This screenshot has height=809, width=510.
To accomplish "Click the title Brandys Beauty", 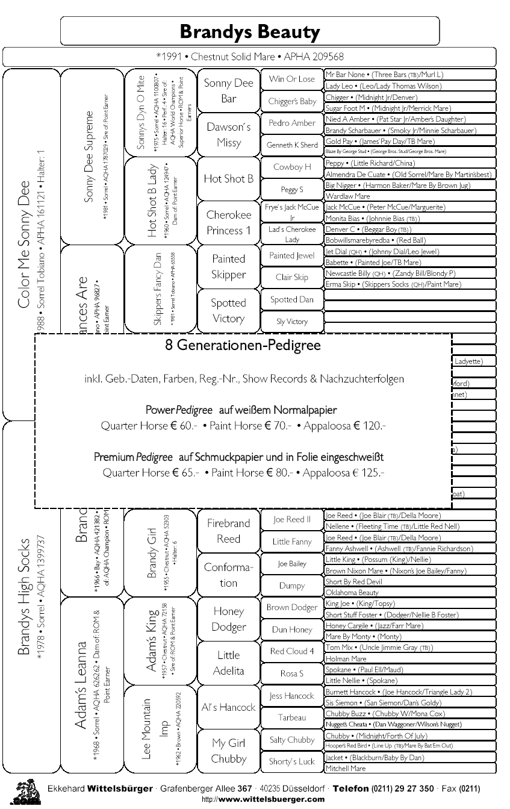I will [249, 31].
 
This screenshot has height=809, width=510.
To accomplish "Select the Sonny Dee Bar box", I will [228, 90].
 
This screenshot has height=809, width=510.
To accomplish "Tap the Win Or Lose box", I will [292, 79].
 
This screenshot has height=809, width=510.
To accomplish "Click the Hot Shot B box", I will [228, 178].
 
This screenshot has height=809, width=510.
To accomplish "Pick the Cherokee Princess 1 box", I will [228, 222].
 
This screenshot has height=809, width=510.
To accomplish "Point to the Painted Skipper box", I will [228, 266].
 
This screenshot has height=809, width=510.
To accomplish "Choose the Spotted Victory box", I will [228, 310].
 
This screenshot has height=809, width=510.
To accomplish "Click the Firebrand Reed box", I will [228, 531].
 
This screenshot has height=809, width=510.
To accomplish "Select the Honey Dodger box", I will [228, 619].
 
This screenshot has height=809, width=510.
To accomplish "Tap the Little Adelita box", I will [228, 663].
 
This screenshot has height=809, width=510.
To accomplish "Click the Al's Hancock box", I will [228, 707].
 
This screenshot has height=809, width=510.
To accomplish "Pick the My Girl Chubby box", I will [228, 751].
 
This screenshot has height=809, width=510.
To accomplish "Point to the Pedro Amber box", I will [292, 123].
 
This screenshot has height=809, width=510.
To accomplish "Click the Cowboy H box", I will [292, 167].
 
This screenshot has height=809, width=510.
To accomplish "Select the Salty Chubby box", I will [292, 740].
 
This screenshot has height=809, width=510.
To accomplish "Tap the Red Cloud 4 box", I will [292, 651].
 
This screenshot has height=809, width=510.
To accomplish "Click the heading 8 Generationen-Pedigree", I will [243, 346].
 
